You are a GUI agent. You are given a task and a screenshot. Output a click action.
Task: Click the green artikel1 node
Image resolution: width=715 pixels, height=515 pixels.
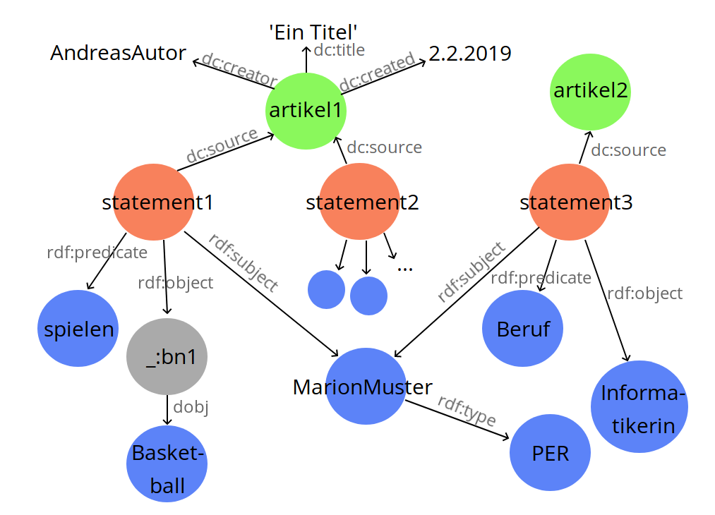[x=306, y=110]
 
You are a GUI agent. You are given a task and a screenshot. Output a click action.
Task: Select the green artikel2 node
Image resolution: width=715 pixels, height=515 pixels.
[x=590, y=91]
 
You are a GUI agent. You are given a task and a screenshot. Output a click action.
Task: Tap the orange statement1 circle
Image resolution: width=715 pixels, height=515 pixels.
[x=154, y=203]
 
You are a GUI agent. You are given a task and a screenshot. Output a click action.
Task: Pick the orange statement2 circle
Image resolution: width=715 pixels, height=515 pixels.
[x=361, y=203]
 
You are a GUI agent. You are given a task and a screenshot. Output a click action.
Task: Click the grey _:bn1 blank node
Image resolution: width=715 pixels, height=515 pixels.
[x=167, y=357]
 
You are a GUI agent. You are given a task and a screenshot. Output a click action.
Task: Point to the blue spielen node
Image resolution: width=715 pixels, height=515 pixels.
[x=77, y=329]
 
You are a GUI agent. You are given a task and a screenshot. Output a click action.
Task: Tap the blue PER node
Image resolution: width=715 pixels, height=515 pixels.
[x=550, y=453]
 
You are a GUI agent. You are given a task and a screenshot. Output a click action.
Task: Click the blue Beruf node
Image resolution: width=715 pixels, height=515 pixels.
[x=522, y=329]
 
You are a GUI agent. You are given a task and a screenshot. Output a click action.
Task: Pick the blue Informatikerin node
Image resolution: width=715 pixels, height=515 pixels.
[x=639, y=408]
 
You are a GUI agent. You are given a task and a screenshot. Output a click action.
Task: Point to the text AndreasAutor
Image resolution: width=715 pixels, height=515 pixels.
[x=119, y=53]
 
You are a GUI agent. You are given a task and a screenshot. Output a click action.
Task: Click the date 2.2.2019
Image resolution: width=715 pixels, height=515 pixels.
[x=470, y=54]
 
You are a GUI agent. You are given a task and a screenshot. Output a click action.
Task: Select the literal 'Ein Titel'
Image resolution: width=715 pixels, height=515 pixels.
[x=313, y=31]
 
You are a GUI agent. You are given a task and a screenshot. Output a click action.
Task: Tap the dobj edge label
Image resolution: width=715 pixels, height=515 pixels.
[x=191, y=406]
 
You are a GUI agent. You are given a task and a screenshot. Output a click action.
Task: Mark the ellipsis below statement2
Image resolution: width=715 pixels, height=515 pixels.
[x=404, y=268]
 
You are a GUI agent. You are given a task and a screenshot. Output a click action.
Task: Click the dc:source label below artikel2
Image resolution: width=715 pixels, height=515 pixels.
[x=628, y=150]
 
